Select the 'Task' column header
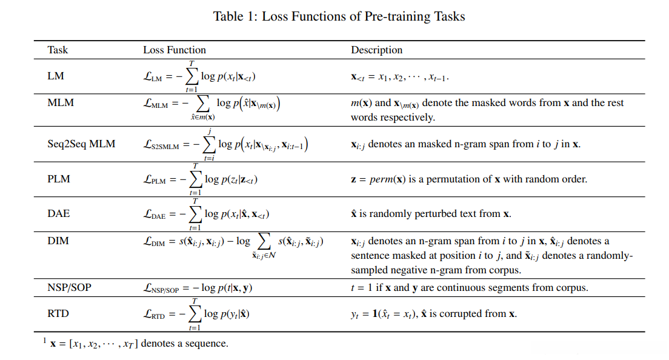58,50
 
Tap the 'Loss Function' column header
174,50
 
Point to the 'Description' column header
376,50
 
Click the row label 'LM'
55,76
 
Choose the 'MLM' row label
61,102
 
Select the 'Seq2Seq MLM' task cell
81,144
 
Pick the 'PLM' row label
59,179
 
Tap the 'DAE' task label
59,213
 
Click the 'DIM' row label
58,241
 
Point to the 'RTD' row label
59,314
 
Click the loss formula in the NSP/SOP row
198,288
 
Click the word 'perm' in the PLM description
388,179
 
